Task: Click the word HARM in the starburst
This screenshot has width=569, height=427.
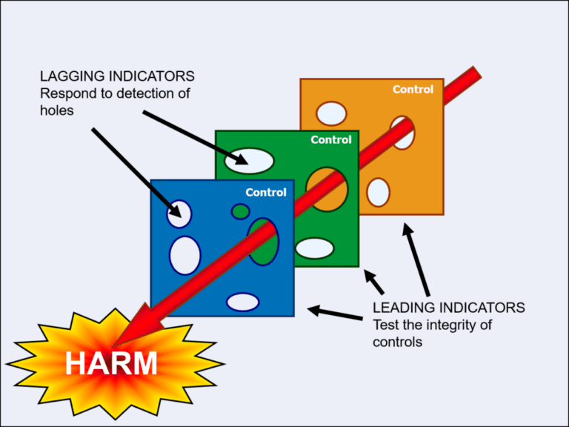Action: click(x=111, y=364)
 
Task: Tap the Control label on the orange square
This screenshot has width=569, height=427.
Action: click(x=413, y=90)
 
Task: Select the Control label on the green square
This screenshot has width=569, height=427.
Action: click(x=330, y=140)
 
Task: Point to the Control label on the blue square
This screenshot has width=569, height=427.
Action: click(x=266, y=193)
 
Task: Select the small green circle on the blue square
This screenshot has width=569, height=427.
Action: click(x=240, y=212)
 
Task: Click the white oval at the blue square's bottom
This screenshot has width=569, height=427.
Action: click(x=242, y=302)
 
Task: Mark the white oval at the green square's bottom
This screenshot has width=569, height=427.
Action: click(x=315, y=248)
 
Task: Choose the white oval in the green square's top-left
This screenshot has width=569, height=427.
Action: click(x=249, y=161)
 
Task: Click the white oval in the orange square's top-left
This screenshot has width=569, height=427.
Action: click(x=331, y=113)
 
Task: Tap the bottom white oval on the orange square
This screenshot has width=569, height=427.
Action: click(x=379, y=192)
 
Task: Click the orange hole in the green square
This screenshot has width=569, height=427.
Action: click(x=327, y=188)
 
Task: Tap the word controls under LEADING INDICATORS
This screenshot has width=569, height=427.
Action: click(x=398, y=342)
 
